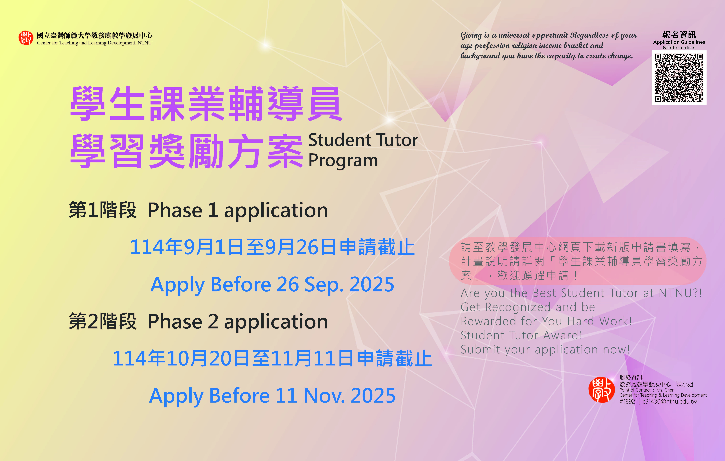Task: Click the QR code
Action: click(x=679, y=78)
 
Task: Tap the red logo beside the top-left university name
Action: click(x=26, y=38)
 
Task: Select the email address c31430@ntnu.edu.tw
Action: click(x=670, y=401)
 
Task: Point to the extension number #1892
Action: click(x=627, y=401)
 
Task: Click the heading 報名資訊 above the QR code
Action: click(x=679, y=35)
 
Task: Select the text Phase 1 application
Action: click(x=238, y=210)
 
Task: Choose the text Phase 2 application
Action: click(x=238, y=322)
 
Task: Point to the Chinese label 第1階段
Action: click(x=103, y=210)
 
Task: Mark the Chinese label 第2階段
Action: click(x=103, y=321)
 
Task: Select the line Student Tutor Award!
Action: click(x=521, y=335)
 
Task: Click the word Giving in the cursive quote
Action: click(x=471, y=36)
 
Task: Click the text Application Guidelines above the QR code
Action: click(x=679, y=42)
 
